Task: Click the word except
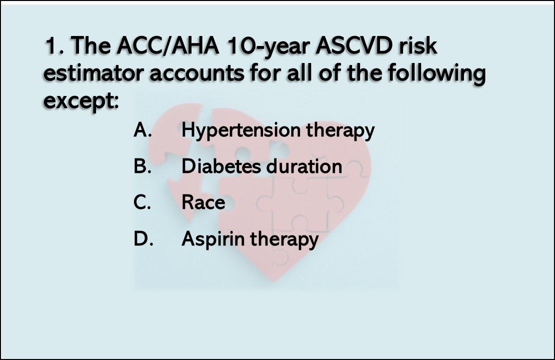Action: (80, 101)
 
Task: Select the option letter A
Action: (142, 130)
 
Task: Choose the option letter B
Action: (141, 166)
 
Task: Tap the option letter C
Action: (141, 202)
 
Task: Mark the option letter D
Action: (142, 238)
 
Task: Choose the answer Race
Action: (203, 202)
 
